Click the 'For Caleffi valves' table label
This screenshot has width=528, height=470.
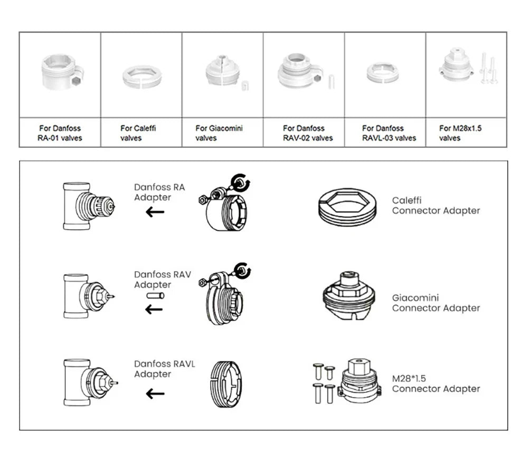[x=138, y=133]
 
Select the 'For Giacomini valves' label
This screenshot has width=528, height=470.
[x=219, y=133]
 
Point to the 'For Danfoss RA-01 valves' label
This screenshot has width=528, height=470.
[x=60, y=133]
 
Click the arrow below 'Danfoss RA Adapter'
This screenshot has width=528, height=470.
[x=155, y=213]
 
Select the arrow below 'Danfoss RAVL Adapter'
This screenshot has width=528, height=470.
[x=155, y=394]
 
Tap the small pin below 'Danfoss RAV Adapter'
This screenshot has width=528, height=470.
[x=155, y=296]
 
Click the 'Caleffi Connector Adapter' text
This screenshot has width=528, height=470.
[x=436, y=205]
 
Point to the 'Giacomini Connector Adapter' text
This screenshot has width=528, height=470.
[x=436, y=303]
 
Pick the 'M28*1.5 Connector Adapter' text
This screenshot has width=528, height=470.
[x=436, y=383]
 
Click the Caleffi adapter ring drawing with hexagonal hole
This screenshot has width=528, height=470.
[x=347, y=205]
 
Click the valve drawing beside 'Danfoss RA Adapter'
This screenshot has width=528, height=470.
[x=88, y=206]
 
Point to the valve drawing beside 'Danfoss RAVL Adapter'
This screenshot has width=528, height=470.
[x=89, y=382]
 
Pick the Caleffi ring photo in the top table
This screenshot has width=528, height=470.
[x=142, y=77]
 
